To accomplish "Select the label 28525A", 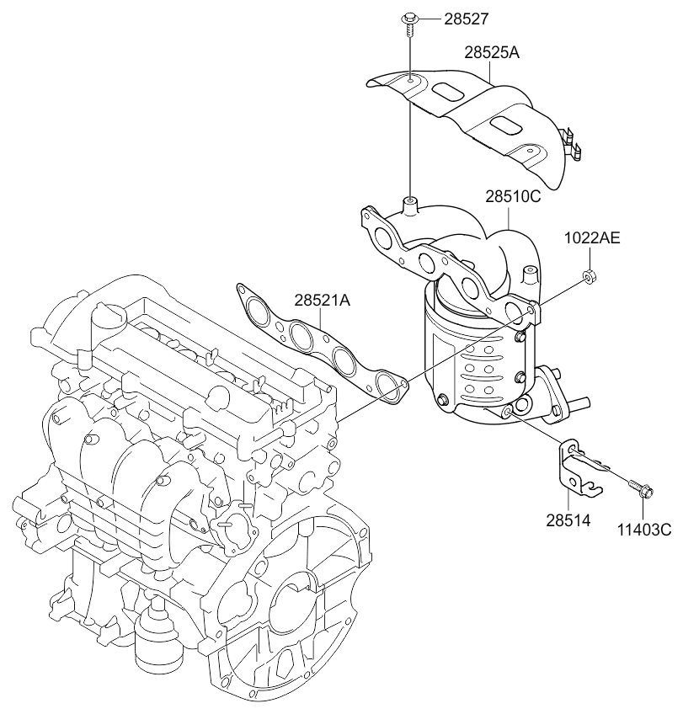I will tap(491, 52).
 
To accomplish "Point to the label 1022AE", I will tap(592, 238).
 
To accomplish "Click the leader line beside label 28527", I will tap(430, 18).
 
